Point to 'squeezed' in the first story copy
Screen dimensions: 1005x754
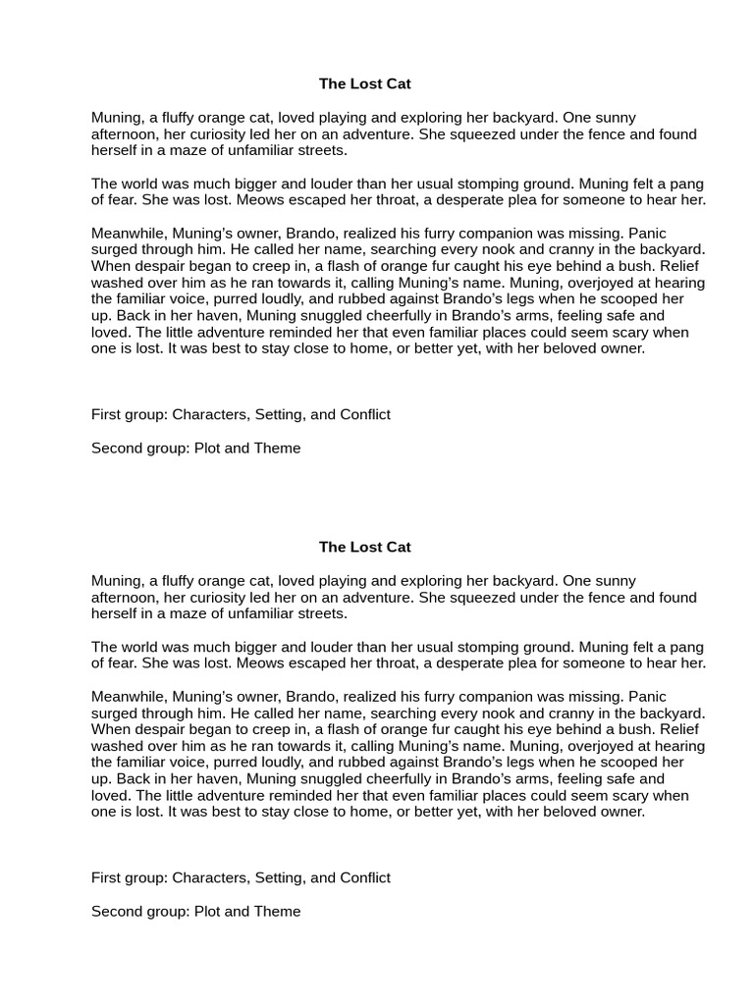[451, 134]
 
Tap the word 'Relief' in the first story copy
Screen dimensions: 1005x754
[683, 266]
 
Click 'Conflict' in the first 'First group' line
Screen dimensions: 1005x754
[365, 414]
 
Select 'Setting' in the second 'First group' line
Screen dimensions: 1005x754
[280, 877]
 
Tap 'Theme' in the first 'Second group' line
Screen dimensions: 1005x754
[277, 448]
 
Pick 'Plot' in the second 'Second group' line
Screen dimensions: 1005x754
[207, 911]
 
